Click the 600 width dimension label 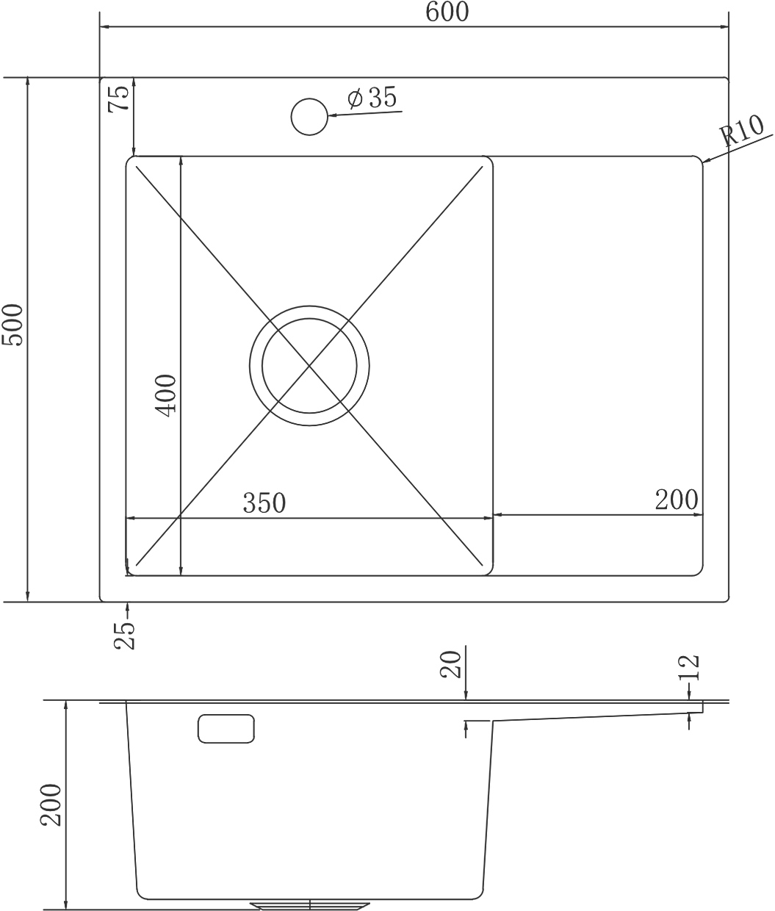click(x=447, y=12)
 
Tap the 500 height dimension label click(x=12, y=325)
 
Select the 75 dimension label click(x=120, y=98)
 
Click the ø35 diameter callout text click(x=372, y=98)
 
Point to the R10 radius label click(x=741, y=131)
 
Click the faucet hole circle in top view click(x=309, y=117)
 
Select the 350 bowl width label click(x=264, y=503)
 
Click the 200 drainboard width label click(x=677, y=500)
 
